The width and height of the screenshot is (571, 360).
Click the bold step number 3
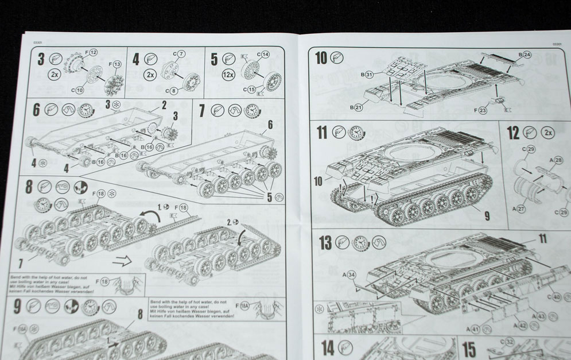pos(41,59)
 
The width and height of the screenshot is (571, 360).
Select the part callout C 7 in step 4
pos(180,54)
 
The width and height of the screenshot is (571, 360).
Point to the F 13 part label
pos(114,64)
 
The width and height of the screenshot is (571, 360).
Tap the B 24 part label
pos(525,55)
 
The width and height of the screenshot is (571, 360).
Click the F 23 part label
pos(479,109)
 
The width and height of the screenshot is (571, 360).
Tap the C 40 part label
pos(554,297)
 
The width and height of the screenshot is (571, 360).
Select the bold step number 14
pos(327,347)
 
